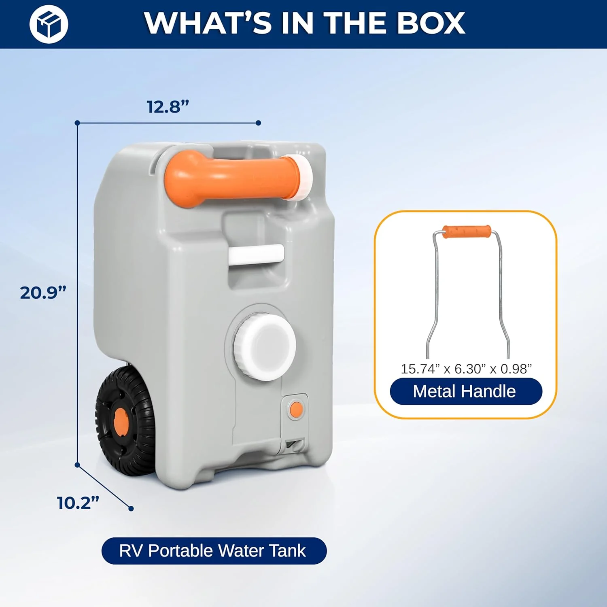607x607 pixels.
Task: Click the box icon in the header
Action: click(x=49, y=24)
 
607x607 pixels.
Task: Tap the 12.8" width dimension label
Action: click(x=168, y=107)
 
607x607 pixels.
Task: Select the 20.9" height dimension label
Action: click(x=43, y=293)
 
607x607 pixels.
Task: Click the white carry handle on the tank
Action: click(x=256, y=255)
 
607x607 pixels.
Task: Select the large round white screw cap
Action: click(x=264, y=348)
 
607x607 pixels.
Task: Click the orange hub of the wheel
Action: click(x=121, y=420)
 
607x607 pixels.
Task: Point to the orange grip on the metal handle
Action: click(x=467, y=231)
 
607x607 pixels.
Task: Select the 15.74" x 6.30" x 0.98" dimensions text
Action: click(x=466, y=369)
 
